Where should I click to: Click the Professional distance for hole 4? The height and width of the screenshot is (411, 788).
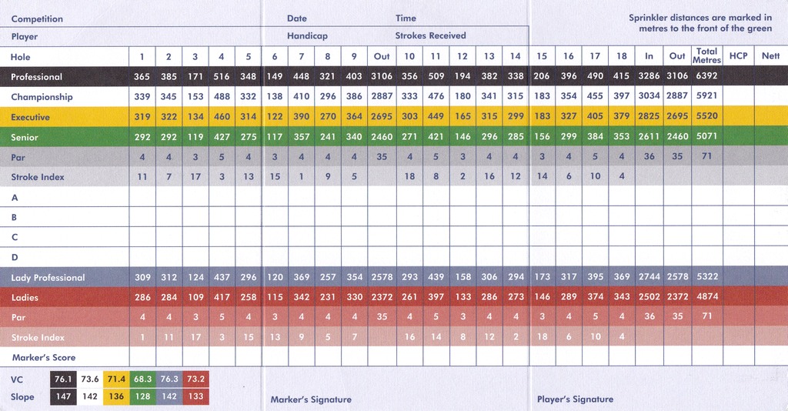coord(222,76)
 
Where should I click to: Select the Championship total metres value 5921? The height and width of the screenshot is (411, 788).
coord(706,95)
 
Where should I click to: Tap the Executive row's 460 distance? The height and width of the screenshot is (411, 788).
coord(222,116)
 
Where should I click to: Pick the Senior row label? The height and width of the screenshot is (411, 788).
coord(25,137)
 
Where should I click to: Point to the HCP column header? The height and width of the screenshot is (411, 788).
coord(738,55)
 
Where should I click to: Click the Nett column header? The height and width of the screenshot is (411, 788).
coord(770,55)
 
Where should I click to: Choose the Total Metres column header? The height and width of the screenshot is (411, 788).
coord(706,55)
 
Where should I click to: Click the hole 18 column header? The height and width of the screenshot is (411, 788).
coord(622,56)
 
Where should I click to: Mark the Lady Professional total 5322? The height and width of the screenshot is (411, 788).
coord(707,277)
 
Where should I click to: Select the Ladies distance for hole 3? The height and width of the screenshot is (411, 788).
coord(195,297)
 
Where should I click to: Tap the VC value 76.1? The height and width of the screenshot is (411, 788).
coord(63,379)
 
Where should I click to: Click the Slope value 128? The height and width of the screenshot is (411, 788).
coord(142,396)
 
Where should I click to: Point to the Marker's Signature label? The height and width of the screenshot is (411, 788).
coord(311,400)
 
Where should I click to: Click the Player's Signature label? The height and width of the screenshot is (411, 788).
coord(575,399)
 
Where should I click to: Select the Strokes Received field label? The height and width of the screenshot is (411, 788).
coord(430,35)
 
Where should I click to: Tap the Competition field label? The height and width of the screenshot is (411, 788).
coord(37,19)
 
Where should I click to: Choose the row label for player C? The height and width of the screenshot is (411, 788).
coord(15,237)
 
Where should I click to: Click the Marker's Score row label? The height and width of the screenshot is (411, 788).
coord(44,358)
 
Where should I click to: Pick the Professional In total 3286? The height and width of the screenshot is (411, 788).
coord(649,76)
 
